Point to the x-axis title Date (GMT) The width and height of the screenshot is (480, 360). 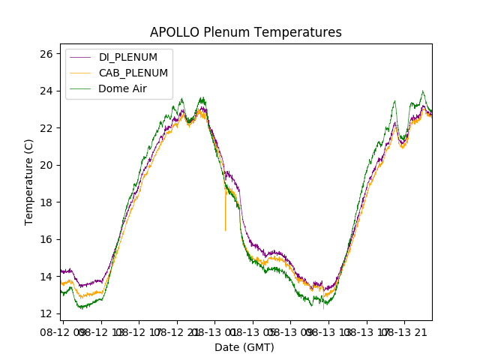[244, 347]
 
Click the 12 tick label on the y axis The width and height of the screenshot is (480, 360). [46, 313]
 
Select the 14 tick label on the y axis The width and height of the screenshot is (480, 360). [46, 277]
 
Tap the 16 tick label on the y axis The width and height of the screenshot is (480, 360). [46, 239]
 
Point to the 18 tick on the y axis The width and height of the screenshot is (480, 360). [46, 202]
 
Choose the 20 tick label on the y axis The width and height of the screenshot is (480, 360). [46, 165]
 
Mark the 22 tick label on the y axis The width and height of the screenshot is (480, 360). [46, 128]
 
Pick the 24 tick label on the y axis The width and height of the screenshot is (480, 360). [46, 91]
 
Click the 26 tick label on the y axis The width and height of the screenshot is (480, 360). [46, 54]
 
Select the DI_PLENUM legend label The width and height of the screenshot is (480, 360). [128, 58]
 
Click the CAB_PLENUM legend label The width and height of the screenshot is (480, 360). [133, 73]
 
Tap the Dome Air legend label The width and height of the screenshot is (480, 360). [123, 88]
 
